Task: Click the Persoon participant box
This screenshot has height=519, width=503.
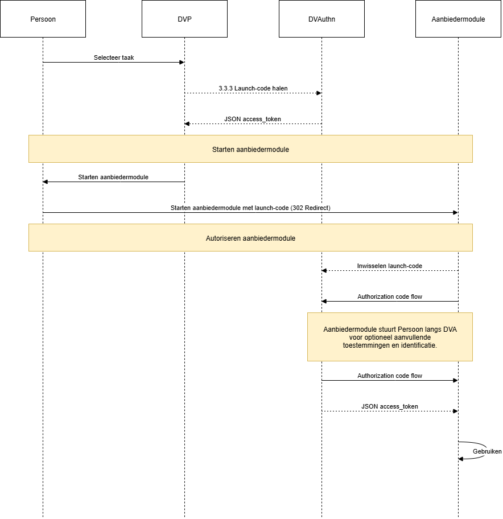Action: (43, 19)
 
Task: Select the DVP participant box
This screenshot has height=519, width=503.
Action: (184, 19)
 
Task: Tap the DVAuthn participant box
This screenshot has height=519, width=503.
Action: (321, 19)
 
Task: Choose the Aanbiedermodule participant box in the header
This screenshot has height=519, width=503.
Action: (458, 19)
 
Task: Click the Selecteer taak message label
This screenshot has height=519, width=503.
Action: (114, 57)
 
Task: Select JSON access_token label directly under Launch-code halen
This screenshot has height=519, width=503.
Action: (253, 120)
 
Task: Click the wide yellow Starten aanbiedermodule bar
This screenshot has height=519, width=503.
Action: (250, 149)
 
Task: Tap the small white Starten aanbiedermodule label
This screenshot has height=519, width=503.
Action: (113, 178)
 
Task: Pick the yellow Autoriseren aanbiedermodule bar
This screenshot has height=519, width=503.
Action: (250, 238)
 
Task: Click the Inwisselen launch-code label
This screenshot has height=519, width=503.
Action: (390, 266)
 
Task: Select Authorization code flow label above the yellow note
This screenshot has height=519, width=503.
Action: (390, 297)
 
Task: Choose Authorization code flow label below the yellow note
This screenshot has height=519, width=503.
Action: (390, 376)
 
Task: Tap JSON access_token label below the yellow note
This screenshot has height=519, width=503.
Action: (390, 407)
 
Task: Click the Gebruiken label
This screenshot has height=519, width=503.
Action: (487, 452)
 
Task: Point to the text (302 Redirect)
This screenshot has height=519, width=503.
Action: (311, 208)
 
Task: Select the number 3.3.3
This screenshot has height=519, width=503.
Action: (225, 89)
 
